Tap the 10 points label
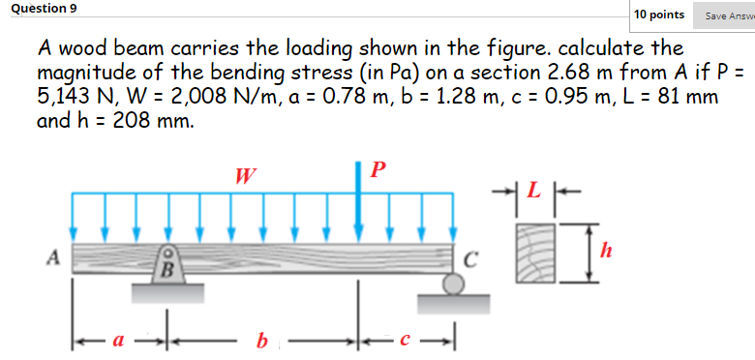coord(659,15)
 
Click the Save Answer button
coord(729,15)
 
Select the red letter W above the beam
coord(246,176)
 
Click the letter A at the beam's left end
coord(53,256)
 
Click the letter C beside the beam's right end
coord(470,258)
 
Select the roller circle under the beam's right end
coord(451,283)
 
